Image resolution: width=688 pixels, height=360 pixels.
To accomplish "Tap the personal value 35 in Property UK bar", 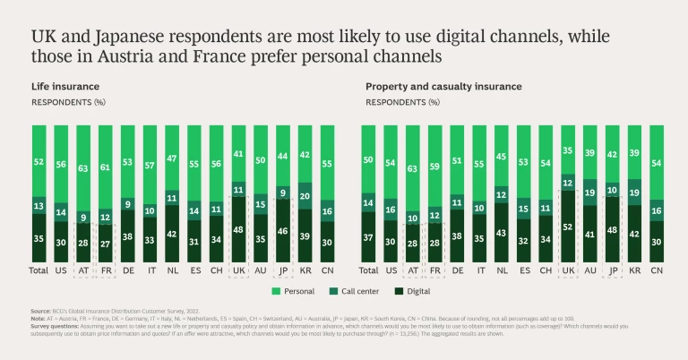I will point(568,150).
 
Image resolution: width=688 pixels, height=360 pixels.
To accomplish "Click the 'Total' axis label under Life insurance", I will point(38,269).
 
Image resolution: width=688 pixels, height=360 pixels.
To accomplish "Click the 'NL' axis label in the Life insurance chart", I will point(172,269).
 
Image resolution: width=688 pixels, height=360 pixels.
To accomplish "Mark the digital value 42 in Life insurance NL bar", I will point(172,234).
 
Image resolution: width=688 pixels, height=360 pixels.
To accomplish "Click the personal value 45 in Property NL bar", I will point(501,158).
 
